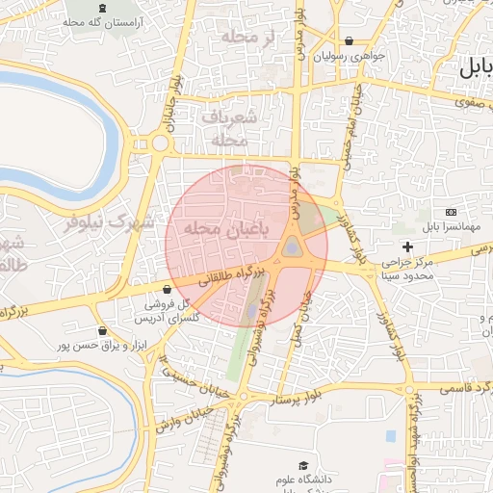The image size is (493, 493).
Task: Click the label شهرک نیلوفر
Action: pyautogui.click(x=109, y=223)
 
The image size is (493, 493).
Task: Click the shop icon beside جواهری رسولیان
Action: pyautogui.click(x=348, y=41)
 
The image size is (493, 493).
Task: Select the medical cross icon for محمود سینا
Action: pyautogui.click(x=407, y=247)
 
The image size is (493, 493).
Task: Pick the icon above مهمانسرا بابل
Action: pyautogui.click(x=451, y=212)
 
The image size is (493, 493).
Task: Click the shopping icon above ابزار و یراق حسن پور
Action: pyautogui.click(x=101, y=330)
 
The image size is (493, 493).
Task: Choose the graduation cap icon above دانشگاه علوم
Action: pyautogui.click(x=304, y=466)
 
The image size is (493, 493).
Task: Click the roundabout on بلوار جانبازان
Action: pyautogui.click(x=160, y=143)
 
